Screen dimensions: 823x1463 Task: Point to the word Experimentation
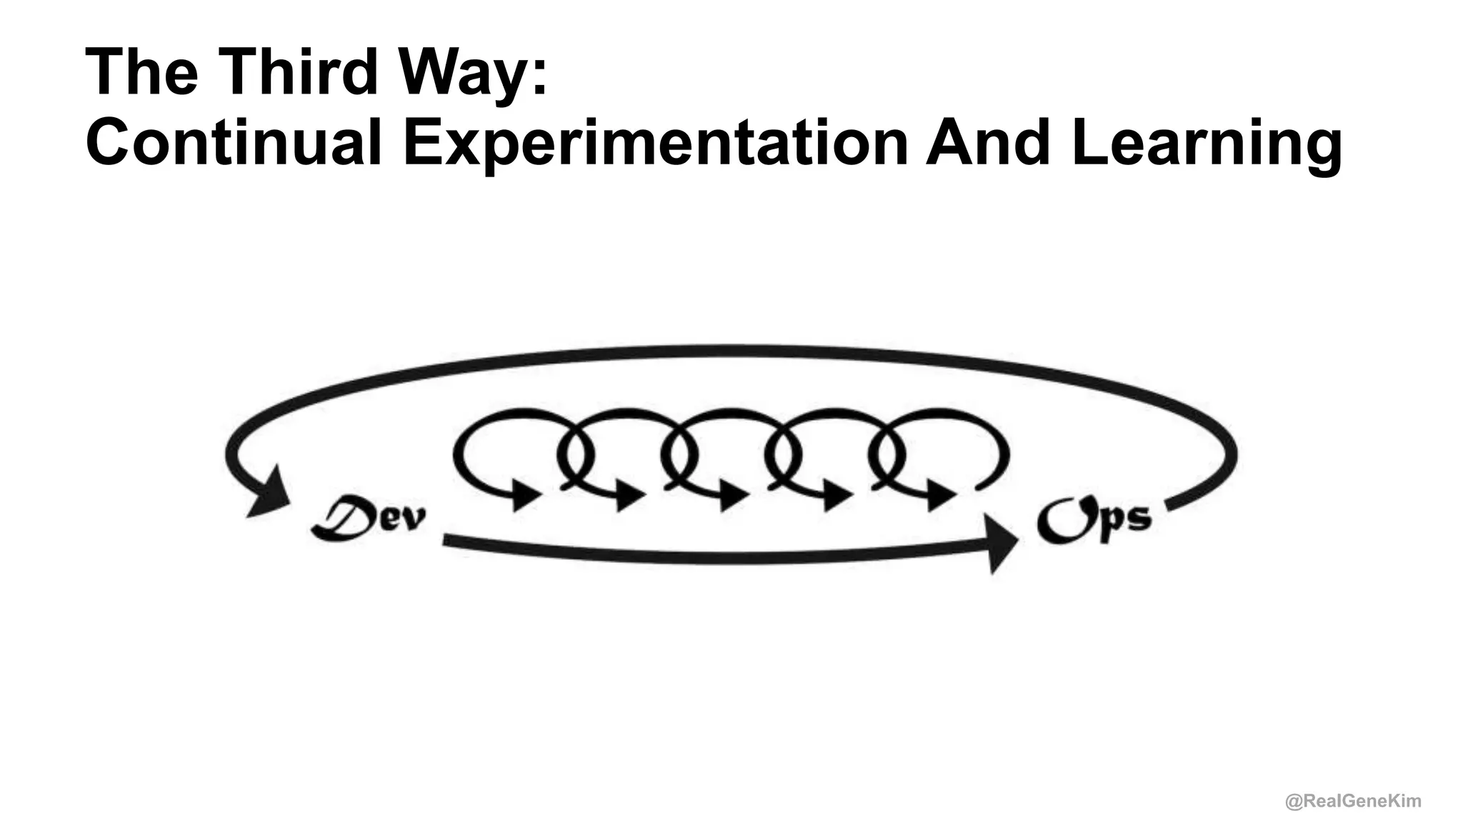pos(655,144)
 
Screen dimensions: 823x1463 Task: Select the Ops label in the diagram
pos(1094,519)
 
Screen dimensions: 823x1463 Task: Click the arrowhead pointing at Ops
pos(1003,543)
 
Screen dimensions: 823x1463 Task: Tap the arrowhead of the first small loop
pos(527,494)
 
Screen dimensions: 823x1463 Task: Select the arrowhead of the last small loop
pos(942,494)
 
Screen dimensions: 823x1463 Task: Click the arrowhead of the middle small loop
pos(734,494)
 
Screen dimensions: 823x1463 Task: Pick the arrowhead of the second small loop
pos(630,494)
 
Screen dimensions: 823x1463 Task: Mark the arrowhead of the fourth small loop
pos(838,494)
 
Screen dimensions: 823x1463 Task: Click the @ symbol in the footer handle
pos(1293,802)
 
